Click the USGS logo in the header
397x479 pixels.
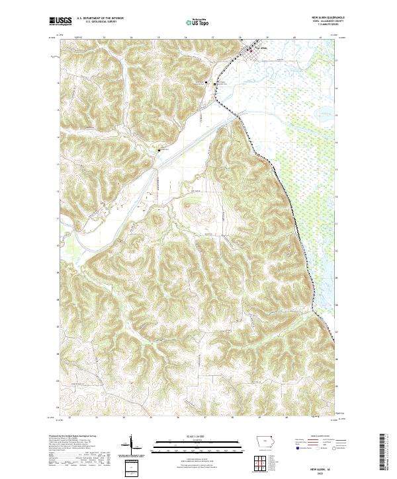(x=61, y=21)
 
